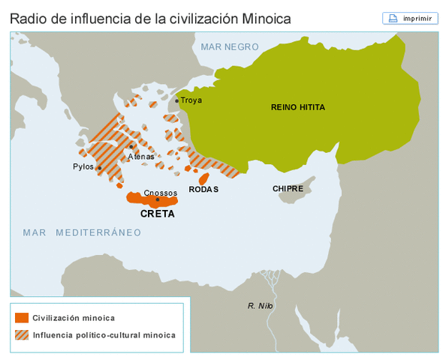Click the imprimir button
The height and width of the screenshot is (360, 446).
coord(410,18)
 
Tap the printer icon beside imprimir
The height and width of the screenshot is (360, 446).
coord(393,18)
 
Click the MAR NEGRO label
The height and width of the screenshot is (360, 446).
coord(230,46)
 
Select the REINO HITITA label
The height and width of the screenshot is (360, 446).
coord(298,107)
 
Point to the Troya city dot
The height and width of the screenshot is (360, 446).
coord(177,100)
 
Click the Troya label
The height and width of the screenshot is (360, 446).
coord(191,100)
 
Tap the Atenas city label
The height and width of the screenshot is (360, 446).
coord(140,157)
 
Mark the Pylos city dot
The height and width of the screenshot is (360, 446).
coord(100,167)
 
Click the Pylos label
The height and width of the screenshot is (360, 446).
coord(83,166)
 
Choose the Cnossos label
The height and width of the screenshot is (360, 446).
coord(160,192)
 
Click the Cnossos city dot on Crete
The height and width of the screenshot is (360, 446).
coord(157,199)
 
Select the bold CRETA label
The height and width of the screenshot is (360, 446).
coord(158,214)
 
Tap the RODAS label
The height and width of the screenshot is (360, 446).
coord(203,190)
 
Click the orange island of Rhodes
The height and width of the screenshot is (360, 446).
coord(203,178)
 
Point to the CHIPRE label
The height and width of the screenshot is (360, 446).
coord(288,189)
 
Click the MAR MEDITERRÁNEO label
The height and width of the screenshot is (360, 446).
coord(82,232)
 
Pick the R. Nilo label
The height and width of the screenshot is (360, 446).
coord(260,305)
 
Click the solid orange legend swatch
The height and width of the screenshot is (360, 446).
coord(21,317)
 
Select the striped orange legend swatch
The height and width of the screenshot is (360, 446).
coord(21,334)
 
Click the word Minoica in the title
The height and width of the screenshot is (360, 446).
coord(264,18)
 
